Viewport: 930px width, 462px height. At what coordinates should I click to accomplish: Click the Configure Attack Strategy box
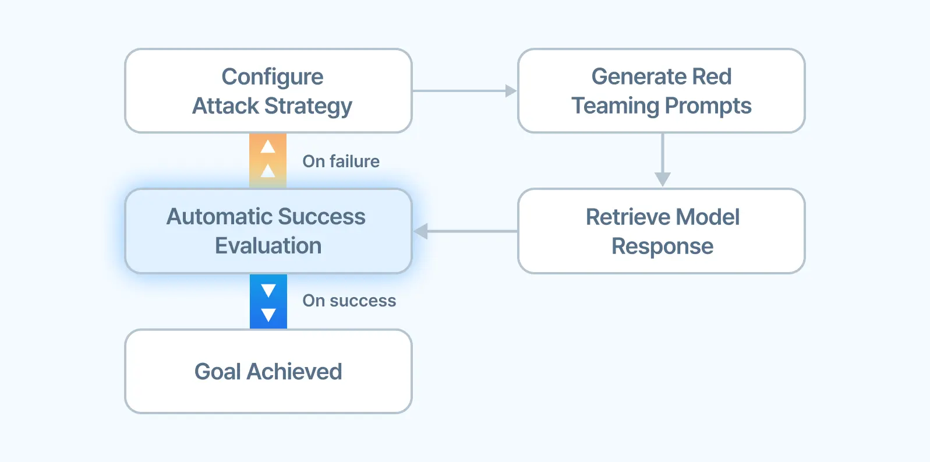268,90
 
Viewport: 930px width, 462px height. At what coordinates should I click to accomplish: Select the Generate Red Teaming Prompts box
662,90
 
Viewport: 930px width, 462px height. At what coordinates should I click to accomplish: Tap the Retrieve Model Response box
662,231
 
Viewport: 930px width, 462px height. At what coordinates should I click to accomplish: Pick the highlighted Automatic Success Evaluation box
268,231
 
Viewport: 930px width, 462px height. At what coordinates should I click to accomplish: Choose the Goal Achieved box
268,372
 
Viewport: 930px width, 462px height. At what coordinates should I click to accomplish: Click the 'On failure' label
341,161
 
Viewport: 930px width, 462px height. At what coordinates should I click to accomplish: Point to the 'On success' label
349,301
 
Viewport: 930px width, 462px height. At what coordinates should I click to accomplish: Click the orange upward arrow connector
268,161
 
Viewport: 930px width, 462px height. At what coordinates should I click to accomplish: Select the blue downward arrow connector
268,301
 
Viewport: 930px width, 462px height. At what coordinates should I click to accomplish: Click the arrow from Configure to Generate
465,90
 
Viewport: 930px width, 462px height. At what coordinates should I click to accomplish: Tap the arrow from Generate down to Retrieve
663,160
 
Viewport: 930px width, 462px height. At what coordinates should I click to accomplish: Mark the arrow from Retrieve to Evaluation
465,231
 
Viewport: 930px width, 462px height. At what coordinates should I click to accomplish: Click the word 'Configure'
273,77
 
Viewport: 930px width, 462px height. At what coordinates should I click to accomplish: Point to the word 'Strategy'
308,106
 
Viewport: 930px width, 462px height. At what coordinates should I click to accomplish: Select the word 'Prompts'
708,105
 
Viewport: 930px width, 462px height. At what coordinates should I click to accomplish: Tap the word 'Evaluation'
268,245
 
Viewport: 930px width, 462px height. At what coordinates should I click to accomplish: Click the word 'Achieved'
294,372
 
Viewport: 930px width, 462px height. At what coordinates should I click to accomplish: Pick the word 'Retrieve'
627,217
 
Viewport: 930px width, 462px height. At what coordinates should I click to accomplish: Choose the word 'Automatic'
218,217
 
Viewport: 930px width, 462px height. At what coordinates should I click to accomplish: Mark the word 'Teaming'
615,105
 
